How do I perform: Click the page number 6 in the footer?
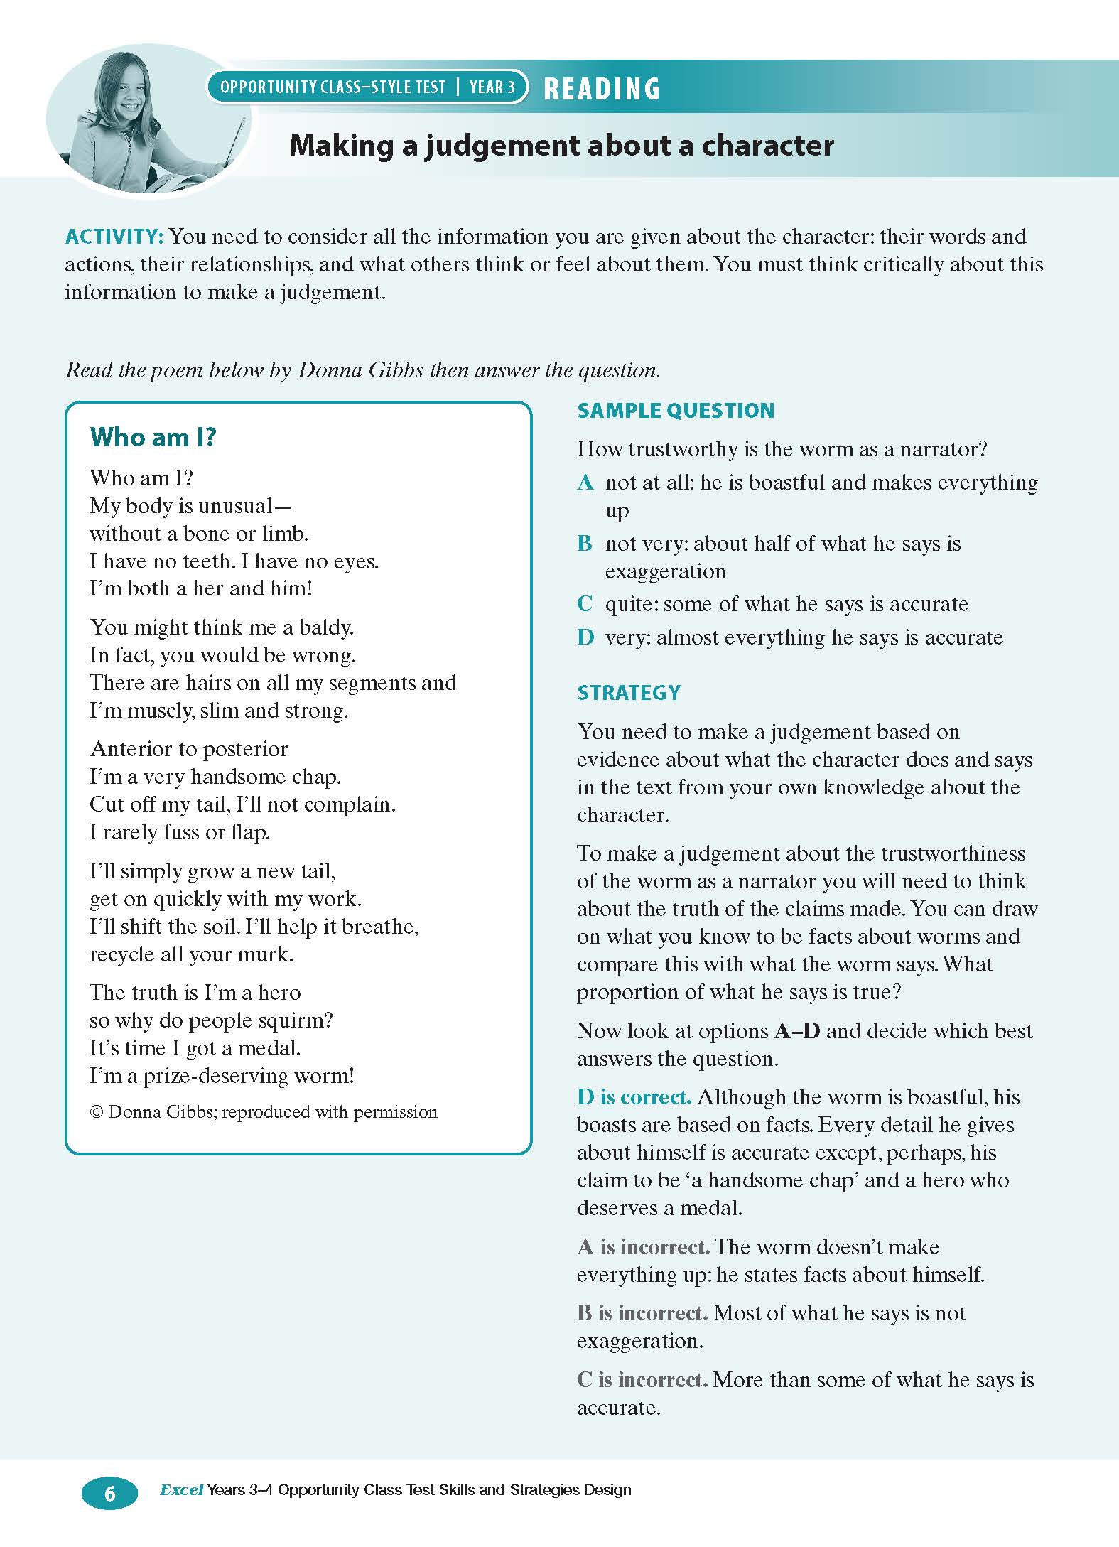pyautogui.click(x=109, y=1494)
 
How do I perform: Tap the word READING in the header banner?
pyautogui.click(x=602, y=89)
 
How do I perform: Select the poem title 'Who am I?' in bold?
pyautogui.click(x=153, y=437)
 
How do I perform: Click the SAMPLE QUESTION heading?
pyautogui.click(x=676, y=411)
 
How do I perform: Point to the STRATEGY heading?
pyautogui.click(x=629, y=693)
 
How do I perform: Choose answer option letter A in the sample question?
pyautogui.click(x=585, y=483)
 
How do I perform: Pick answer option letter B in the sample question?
pyautogui.click(x=585, y=544)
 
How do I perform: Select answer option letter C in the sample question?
pyautogui.click(x=585, y=604)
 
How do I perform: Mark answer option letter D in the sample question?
pyautogui.click(x=585, y=637)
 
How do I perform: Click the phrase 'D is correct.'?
pyautogui.click(x=634, y=1097)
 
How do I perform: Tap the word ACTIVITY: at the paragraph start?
pyautogui.click(x=115, y=237)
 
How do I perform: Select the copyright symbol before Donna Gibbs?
pyautogui.click(x=97, y=1112)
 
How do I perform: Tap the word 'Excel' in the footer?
pyautogui.click(x=182, y=1489)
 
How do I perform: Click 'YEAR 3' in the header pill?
pyautogui.click(x=492, y=87)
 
